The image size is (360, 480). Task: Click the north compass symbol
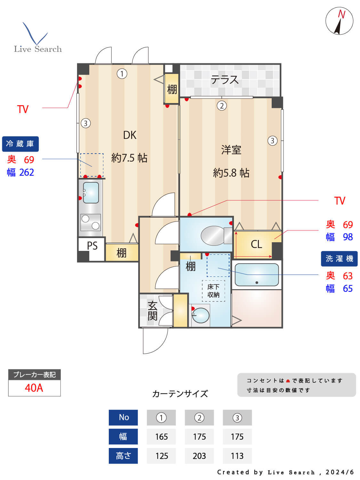point(339,21)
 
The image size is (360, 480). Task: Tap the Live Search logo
point(37,38)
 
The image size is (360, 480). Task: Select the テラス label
point(225,80)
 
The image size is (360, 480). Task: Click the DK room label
point(130,135)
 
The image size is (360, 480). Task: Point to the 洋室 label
point(231,150)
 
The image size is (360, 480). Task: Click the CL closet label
point(256,244)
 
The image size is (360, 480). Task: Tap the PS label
point(92,246)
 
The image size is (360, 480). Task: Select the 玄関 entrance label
point(152,311)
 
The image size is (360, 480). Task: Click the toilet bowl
point(213,236)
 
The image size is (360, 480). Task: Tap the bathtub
point(257,275)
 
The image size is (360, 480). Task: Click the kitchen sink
point(91,192)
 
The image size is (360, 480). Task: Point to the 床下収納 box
point(213,291)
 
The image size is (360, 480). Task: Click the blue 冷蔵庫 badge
point(20,144)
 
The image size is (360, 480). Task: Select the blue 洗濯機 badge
point(339,259)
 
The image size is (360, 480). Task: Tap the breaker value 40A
point(34,388)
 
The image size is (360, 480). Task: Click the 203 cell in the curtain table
point(199,456)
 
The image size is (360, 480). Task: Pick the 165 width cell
point(161,437)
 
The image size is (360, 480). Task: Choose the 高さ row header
point(123,456)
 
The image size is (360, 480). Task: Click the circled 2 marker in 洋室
point(221,106)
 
